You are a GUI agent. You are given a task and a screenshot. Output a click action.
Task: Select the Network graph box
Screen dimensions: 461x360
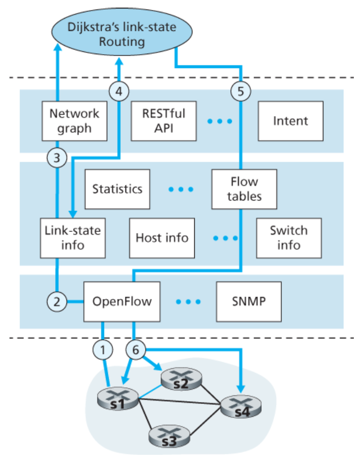[x=74, y=120]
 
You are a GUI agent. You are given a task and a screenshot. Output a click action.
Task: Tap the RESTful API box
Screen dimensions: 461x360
[x=163, y=120]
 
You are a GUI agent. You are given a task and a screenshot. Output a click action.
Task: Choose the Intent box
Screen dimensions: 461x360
[x=290, y=121]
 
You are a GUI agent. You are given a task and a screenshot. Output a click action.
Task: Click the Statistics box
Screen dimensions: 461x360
[x=117, y=189]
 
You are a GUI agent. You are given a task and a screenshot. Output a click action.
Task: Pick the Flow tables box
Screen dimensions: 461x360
[x=244, y=189]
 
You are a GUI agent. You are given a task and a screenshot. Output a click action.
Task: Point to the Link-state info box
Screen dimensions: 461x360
[x=73, y=238]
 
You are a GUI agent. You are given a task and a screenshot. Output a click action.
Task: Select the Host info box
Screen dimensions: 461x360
[x=162, y=238]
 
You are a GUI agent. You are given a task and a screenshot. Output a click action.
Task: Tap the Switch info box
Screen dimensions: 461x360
[x=289, y=238]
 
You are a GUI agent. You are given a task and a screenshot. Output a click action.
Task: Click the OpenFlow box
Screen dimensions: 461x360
[x=122, y=301]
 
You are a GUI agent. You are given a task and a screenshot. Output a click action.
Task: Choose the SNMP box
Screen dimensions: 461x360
[x=248, y=301]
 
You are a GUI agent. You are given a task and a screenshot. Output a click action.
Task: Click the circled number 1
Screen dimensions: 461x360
[x=103, y=350]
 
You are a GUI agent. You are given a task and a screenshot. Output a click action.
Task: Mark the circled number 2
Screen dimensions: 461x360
[x=56, y=301]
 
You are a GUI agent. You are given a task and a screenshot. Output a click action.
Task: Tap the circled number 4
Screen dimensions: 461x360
[x=119, y=91]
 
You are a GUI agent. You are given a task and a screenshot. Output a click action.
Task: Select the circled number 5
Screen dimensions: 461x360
[x=240, y=91]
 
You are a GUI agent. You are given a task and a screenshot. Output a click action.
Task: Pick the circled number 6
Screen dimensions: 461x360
[x=135, y=350]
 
